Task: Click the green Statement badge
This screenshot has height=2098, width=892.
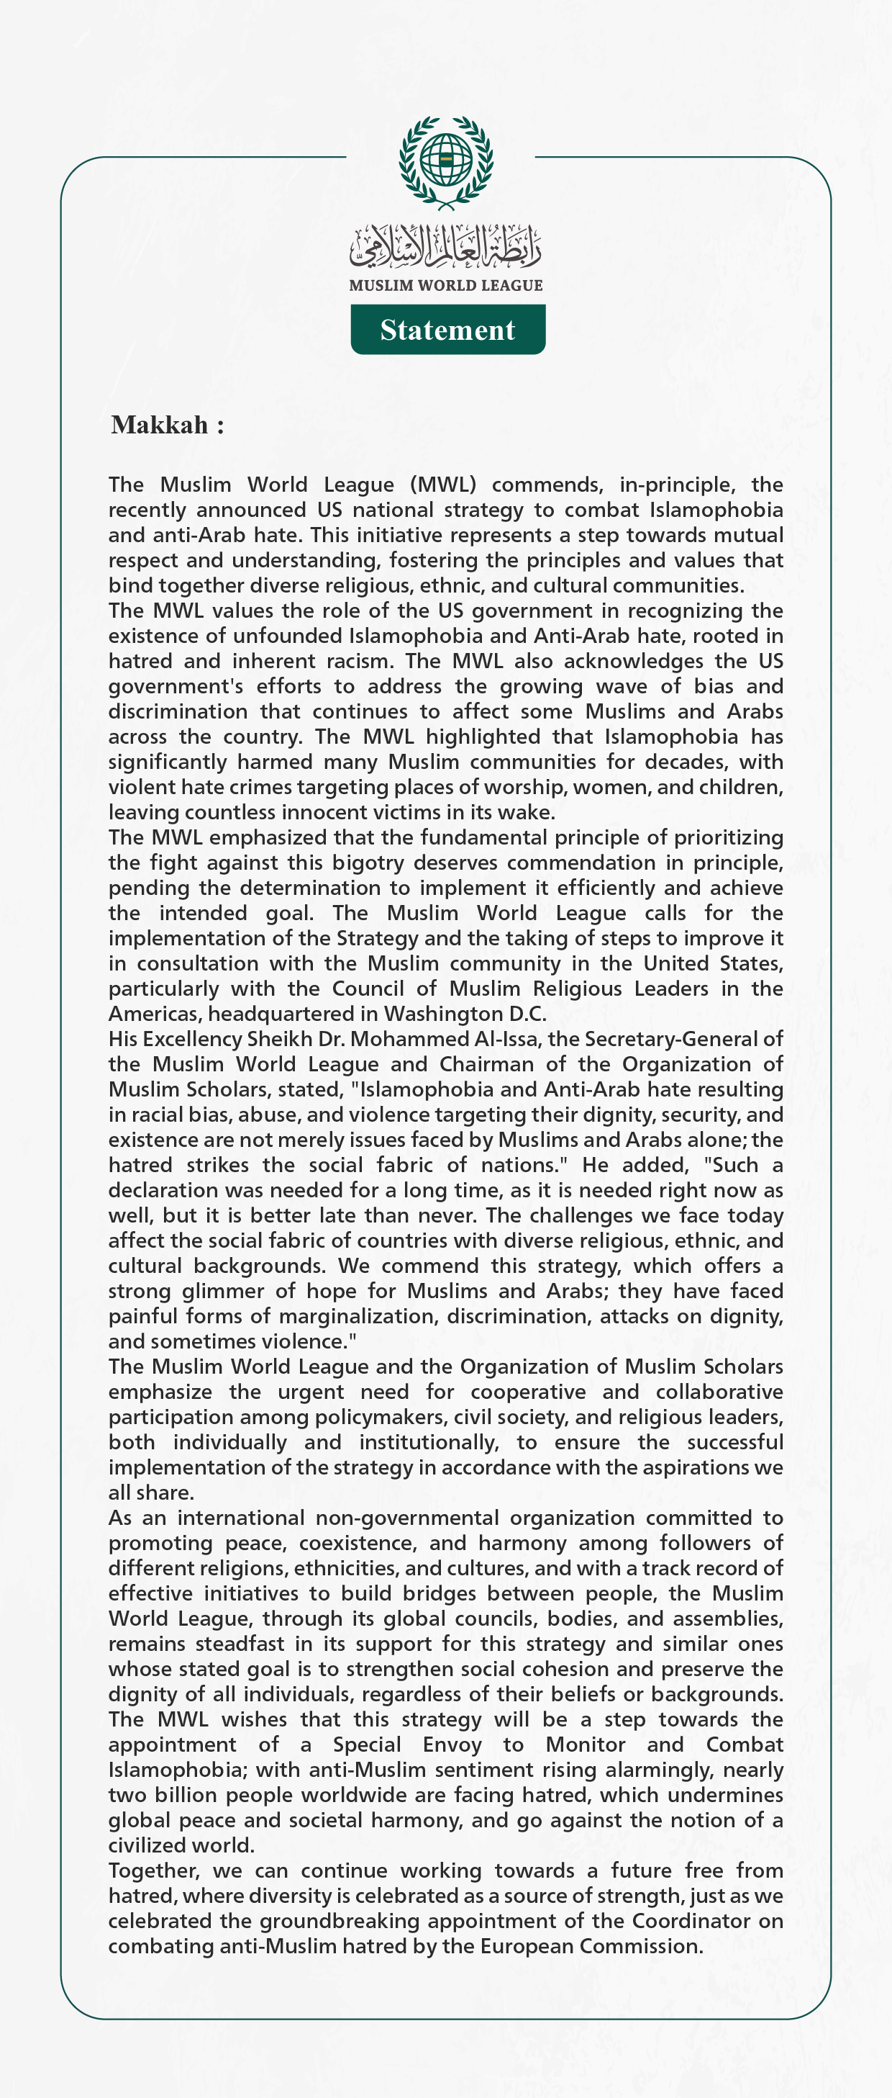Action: (x=447, y=330)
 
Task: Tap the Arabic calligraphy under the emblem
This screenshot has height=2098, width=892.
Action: (x=445, y=247)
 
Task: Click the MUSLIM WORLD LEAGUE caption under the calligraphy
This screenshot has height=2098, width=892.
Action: (x=445, y=285)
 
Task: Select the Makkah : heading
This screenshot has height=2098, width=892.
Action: (x=167, y=424)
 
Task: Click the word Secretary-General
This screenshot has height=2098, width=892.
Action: (x=670, y=1039)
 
